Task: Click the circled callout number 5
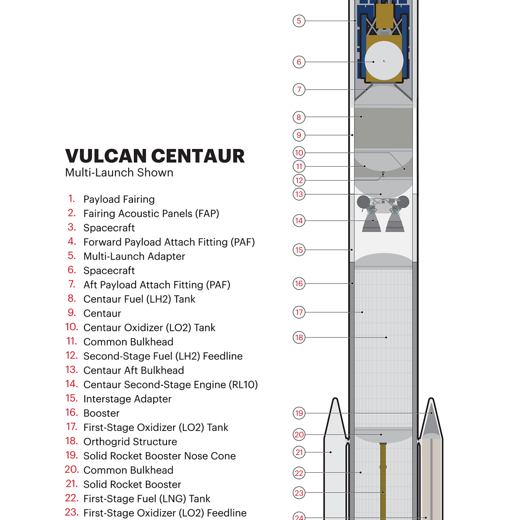(x=299, y=21)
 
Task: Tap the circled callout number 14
(x=299, y=220)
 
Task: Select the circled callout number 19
(x=299, y=413)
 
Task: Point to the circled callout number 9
(x=299, y=135)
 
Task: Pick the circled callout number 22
(x=299, y=473)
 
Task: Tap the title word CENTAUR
(x=198, y=156)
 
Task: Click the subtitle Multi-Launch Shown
(x=119, y=172)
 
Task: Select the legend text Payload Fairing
(x=119, y=199)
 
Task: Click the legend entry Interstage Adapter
(x=128, y=399)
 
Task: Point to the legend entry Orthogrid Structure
(x=130, y=442)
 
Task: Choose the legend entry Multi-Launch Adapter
(x=134, y=256)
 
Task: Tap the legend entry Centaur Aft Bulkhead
(x=134, y=370)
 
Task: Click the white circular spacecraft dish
(x=384, y=60)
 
